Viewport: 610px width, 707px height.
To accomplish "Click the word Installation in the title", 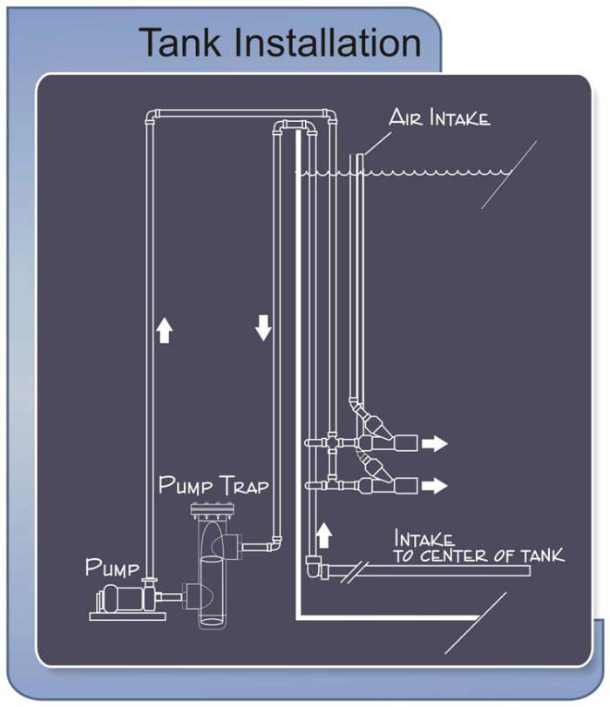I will pos(335,42).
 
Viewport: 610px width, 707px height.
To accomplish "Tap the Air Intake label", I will pos(439,118).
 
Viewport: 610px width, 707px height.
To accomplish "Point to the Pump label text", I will pos(112,569).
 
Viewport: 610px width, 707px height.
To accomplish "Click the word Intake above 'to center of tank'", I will pos(425,538).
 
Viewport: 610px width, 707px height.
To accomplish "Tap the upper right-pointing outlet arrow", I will pos(434,444).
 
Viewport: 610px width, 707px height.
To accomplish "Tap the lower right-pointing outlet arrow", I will pos(434,485).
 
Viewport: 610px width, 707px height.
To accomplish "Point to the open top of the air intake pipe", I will pos(359,156).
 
